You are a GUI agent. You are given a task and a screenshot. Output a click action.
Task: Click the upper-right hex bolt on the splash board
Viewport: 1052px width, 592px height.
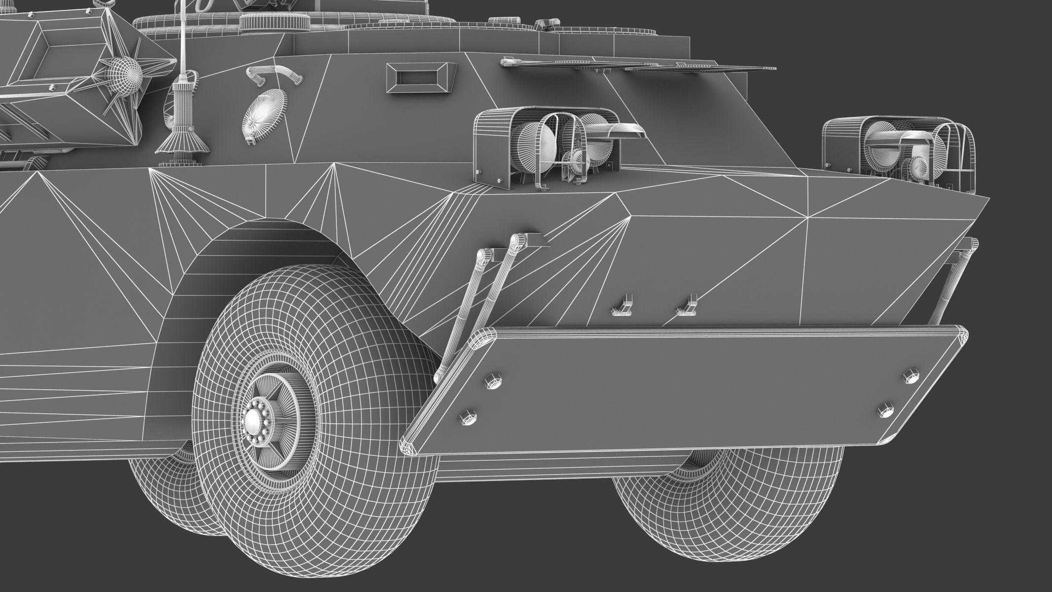point(910,376)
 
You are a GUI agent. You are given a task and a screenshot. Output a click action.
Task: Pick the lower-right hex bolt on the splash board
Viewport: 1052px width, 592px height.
point(884,410)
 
